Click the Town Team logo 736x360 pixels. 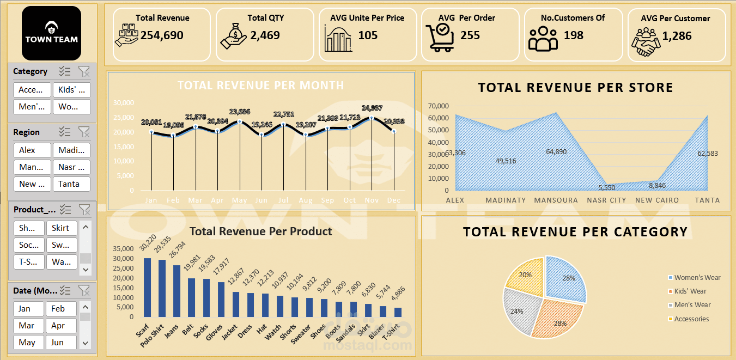pyautogui.click(x=51, y=33)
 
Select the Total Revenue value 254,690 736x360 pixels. pyautogui.click(x=162, y=35)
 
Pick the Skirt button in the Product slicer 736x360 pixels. pyautogui.click(x=61, y=228)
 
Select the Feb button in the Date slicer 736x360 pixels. pyautogui.click(x=61, y=309)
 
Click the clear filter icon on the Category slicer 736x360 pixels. pyautogui.click(x=84, y=71)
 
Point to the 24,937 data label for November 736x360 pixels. pyautogui.click(x=372, y=107)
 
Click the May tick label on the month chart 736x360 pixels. pyautogui.click(x=239, y=200)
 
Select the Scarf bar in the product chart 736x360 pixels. pyautogui.click(x=147, y=287)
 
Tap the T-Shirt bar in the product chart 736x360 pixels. pyautogui.click(x=398, y=312)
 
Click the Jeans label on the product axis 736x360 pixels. pyautogui.click(x=172, y=332)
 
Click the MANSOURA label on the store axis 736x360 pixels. pyautogui.click(x=556, y=200)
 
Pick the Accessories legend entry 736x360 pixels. pyautogui.click(x=691, y=319)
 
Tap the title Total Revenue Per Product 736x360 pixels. pyautogui.click(x=260, y=231)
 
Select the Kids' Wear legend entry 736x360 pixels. pyautogui.click(x=690, y=291)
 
